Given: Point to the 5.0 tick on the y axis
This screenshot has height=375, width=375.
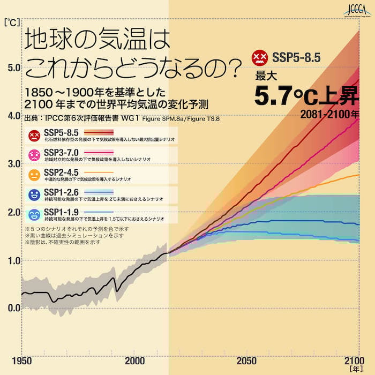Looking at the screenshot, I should point(12,67).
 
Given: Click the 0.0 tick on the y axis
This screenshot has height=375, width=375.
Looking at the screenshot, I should point(12,308).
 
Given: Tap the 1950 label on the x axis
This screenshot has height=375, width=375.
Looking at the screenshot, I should point(21,360).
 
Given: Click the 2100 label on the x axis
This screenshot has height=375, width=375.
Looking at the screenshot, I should point(351,360).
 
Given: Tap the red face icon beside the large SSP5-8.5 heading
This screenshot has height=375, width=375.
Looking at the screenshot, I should point(259,56).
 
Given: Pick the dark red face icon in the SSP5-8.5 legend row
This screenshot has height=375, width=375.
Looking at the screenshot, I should point(34,135).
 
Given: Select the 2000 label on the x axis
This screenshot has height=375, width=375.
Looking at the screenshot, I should point(133,360).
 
